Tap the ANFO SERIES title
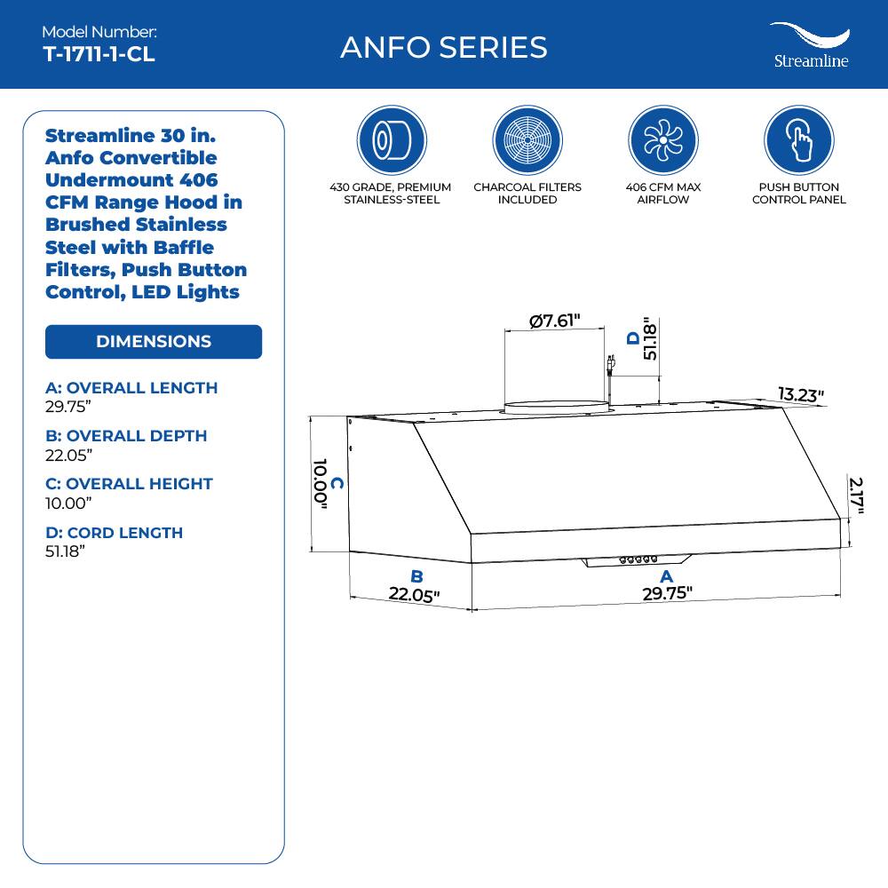pos(443,47)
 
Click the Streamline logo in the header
pos(809,46)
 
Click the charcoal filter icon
pos(527,140)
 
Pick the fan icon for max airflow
pos(662,140)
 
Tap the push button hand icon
pos(798,140)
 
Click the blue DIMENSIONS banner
pos(154,342)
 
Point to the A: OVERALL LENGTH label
pos(131,388)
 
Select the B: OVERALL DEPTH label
pos(126,436)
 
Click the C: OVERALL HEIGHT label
pos(129,484)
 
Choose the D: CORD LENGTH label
pos(114,533)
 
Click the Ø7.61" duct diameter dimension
pos(555,321)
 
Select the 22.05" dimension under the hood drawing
pos(415,595)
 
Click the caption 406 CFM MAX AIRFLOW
pos(662,194)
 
